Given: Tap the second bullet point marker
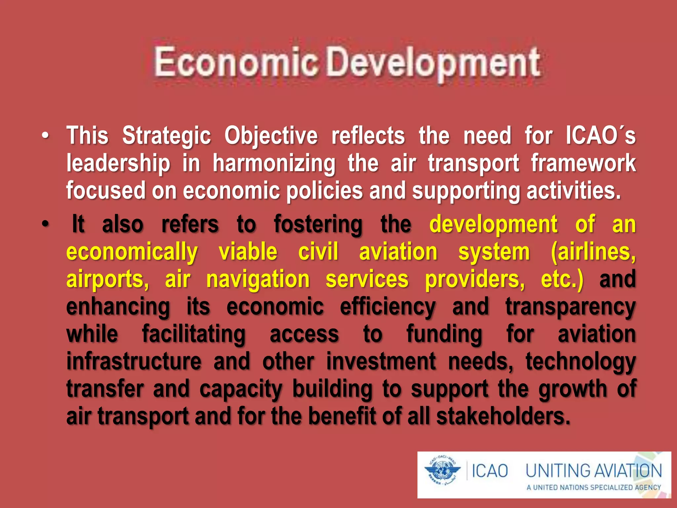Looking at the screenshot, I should pos(45,224).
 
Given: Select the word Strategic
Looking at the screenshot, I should pos(167,136).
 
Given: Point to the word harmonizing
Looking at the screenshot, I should pos(274,164).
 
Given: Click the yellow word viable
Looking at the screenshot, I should pos(248,252).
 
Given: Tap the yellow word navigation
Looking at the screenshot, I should pos(258,280).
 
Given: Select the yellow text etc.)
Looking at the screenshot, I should pos(562,280).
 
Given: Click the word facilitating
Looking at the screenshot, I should pos(194,335).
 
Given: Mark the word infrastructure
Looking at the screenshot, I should pos(134,361).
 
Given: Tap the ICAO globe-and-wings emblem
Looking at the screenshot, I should pos(442,470).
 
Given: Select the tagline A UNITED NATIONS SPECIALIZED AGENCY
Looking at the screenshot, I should pos(594,487).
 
